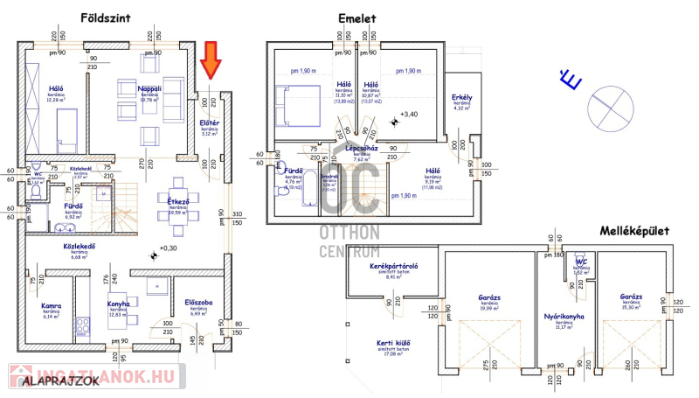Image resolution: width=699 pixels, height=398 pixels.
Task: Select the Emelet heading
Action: coord(357,17)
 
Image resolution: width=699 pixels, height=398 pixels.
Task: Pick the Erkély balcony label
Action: coord(461,97)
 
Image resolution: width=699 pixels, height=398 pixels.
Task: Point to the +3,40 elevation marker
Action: coord(409,115)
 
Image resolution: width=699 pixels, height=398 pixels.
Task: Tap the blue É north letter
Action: coord(570,81)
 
